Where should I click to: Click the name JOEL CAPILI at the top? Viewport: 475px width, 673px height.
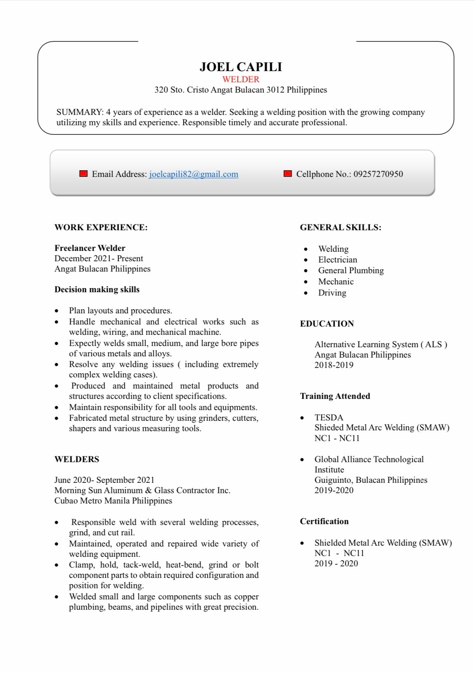(x=240, y=67)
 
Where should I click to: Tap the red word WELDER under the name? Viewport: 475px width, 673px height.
(x=241, y=79)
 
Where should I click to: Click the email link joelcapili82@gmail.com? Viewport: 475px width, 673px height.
(x=193, y=174)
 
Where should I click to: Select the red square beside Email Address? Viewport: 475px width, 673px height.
(x=83, y=174)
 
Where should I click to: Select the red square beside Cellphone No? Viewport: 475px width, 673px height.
(x=288, y=174)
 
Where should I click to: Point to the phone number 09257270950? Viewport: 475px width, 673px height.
(x=378, y=174)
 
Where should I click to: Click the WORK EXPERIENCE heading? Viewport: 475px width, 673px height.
(x=101, y=227)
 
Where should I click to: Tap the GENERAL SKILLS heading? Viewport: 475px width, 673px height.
(x=340, y=227)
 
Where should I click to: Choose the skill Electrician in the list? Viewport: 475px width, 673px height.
(x=337, y=260)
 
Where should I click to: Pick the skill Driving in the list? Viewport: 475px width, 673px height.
(x=332, y=293)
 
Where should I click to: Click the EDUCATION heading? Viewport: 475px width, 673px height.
(x=327, y=324)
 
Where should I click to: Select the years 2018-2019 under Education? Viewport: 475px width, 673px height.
(x=334, y=365)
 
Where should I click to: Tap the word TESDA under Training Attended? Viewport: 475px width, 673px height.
(x=329, y=418)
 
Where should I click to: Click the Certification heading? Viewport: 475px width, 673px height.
(x=324, y=521)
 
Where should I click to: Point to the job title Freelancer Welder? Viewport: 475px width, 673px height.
(x=90, y=248)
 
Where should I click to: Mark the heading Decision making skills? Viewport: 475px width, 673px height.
(x=97, y=289)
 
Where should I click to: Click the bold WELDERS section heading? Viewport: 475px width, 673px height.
(x=77, y=459)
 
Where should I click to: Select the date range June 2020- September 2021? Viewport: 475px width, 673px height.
(x=104, y=480)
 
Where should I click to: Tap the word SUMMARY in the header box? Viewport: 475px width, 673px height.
(x=79, y=112)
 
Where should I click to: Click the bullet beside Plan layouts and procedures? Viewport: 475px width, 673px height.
(x=57, y=311)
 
